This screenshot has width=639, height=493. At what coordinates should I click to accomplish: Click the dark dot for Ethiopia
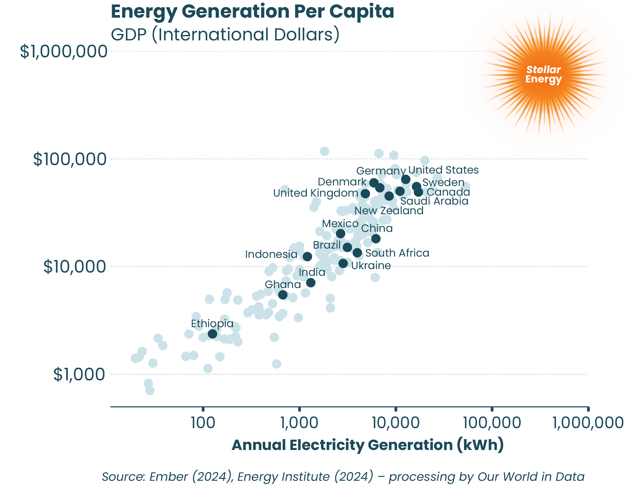tap(212, 334)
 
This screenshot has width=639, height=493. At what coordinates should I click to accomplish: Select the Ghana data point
tap(283, 295)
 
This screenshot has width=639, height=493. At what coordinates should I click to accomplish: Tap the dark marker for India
tap(311, 283)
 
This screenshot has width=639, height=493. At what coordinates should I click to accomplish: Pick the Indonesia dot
tap(307, 256)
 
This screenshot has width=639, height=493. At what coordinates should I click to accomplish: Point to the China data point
tap(376, 239)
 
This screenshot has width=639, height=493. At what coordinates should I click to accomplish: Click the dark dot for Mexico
tap(341, 234)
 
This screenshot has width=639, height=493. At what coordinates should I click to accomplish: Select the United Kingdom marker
tap(365, 194)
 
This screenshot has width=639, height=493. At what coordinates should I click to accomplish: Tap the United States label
tap(443, 170)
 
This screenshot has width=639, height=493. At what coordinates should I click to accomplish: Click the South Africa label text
tap(397, 253)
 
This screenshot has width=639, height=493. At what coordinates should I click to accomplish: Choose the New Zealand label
tap(389, 211)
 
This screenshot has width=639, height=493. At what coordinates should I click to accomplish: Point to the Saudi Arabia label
tap(434, 201)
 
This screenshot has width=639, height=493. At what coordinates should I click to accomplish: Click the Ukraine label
tap(371, 266)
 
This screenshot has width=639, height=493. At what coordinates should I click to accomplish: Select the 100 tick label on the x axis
tap(203, 423)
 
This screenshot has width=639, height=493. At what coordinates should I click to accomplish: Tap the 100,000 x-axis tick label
tap(492, 423)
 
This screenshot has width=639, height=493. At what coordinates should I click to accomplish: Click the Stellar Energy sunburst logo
tap(544, 75)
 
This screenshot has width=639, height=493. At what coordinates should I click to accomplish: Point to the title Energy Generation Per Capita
tap(252, 12)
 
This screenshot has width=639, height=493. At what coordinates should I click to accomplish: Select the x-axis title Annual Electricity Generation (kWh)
tap(367, 445)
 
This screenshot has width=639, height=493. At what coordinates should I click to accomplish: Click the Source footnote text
tap(343, 477)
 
